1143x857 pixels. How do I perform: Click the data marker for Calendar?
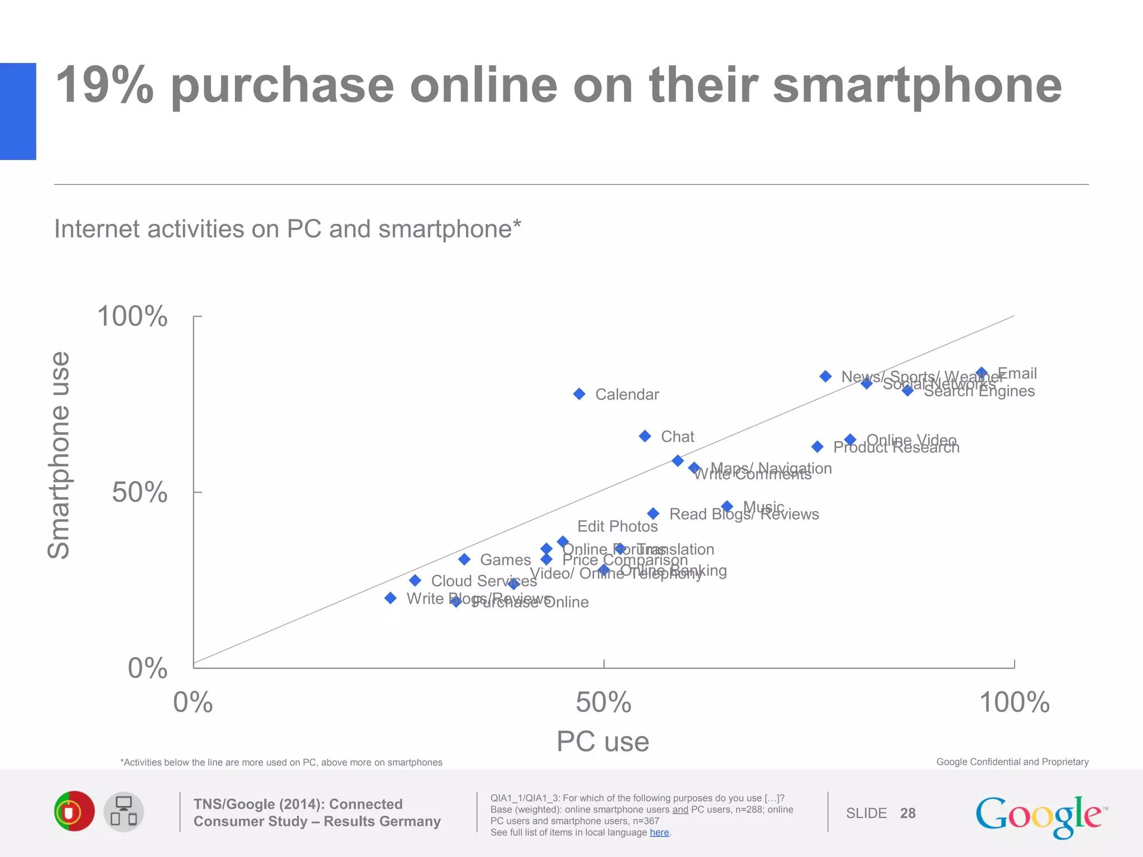click(579, 394)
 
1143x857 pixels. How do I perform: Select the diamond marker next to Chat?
click(645, 436)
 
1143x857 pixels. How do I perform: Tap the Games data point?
click(464, 559)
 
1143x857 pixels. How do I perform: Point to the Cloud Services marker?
click(415, 581)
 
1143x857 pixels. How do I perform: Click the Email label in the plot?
click(1017, 373)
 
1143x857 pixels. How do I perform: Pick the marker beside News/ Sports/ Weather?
click(825, 377)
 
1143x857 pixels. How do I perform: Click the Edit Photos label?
click(617, 526)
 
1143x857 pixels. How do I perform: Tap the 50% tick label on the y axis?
click(140, 492)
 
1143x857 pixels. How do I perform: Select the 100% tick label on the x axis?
click(1014, 702)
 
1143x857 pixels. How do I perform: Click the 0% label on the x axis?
click(193, 702)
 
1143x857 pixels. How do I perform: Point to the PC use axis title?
click(603, 742)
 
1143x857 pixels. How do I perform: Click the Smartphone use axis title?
click(59, 455)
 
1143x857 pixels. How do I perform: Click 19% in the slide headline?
click(105, 85)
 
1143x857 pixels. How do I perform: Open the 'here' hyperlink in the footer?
click(659, 832)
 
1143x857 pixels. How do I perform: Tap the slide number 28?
click(907, 813)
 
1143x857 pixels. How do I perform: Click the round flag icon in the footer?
click(74, 811)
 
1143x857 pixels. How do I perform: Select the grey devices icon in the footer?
click(124, 812)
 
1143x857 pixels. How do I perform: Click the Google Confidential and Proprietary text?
click(1012, 762)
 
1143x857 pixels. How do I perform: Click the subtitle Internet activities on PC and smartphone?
click(287, 229)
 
